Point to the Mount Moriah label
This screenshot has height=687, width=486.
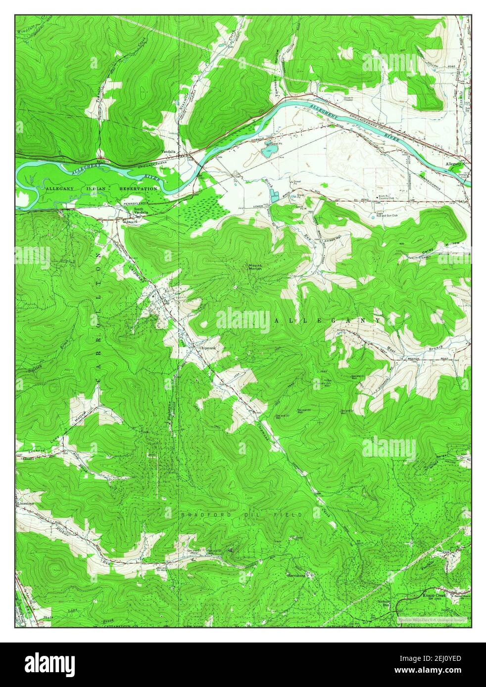coord(255,267)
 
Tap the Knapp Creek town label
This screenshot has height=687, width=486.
coord(434,596)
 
